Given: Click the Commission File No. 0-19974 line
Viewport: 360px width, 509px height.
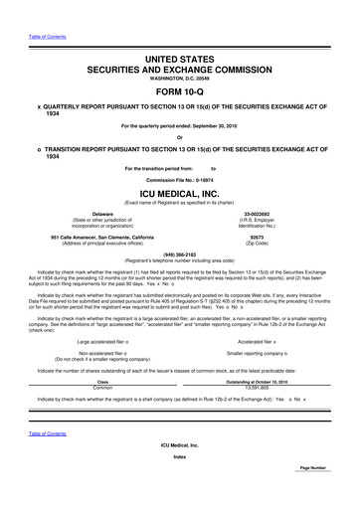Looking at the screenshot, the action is (179, 178).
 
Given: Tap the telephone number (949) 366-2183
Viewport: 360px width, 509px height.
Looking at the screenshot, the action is (179, 254).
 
